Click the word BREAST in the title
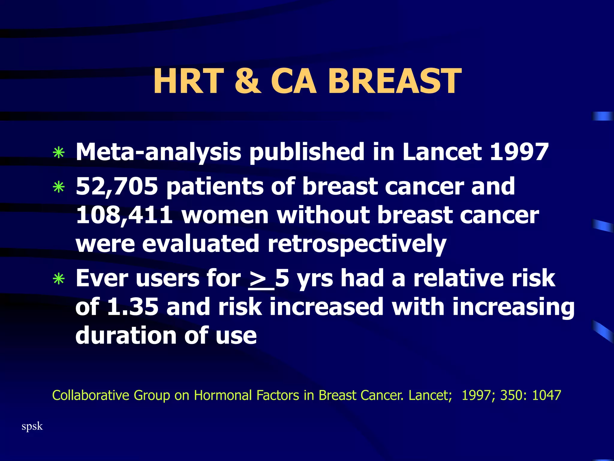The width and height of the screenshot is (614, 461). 395,81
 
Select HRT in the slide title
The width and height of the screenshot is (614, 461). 189,81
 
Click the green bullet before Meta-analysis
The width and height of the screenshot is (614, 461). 59,153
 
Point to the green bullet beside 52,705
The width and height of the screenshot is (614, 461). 59,188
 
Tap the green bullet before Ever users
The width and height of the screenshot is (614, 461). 59,279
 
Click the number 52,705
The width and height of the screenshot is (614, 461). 117,186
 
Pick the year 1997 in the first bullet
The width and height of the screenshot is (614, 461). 519,152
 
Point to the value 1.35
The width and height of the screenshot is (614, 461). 133,307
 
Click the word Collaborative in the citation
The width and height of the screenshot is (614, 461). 91,395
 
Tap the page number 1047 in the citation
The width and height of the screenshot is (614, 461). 546,395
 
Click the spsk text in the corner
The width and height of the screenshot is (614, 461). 32,426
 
